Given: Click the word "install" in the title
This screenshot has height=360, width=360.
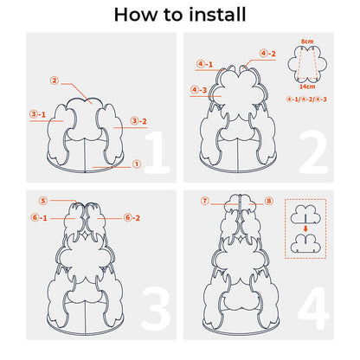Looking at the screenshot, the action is pyautogui.click(x=217, y=15).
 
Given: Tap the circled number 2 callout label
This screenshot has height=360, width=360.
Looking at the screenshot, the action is pyautogui.click(x=55, y=80).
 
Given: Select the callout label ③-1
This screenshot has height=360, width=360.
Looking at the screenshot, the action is pyautogui.click(x=38, y=114).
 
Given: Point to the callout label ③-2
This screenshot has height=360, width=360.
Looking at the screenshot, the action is pyautogui.click(x=138, y=121).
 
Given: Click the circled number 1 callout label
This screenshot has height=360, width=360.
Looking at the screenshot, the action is pyautogui.click(x=137, y=164).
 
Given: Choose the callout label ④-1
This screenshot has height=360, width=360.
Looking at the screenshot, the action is pyautogui.click(x=204, y=64).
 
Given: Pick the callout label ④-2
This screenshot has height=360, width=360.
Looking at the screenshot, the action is pyautogui.click(x=267, y=54).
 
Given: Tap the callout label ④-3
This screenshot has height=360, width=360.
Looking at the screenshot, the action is pyautogui.click(x=199, y=90).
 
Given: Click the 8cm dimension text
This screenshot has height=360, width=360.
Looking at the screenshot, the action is pyautogui.click(x=307, y=42).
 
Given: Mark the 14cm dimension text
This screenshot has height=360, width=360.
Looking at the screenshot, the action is pyautogui.click(x=307, y=87).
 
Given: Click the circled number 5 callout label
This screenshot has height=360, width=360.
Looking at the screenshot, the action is pyautogui.click(x=43, y=201).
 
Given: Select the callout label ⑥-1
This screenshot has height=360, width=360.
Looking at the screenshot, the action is pyautogui.click(x=39, y=217).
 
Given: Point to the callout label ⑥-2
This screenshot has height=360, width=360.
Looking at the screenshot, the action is pyautogui.click(x=132, y=217).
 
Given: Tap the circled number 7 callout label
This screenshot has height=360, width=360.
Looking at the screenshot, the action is pyautogui.click(x=205, y=201).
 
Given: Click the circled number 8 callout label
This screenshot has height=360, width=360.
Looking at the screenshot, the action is pyautogui.click(x=269, y=201).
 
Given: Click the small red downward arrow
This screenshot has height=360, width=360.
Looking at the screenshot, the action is pyautogui.click(x=305, y=228).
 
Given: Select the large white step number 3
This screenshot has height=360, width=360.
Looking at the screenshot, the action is pyautogui.click(x=156, y=309).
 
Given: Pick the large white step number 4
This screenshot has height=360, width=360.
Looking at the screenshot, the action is pyautogui.click(x=313, y=308).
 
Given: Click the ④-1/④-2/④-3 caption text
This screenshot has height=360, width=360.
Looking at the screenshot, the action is pyautogui.click(x=306, y=100).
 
